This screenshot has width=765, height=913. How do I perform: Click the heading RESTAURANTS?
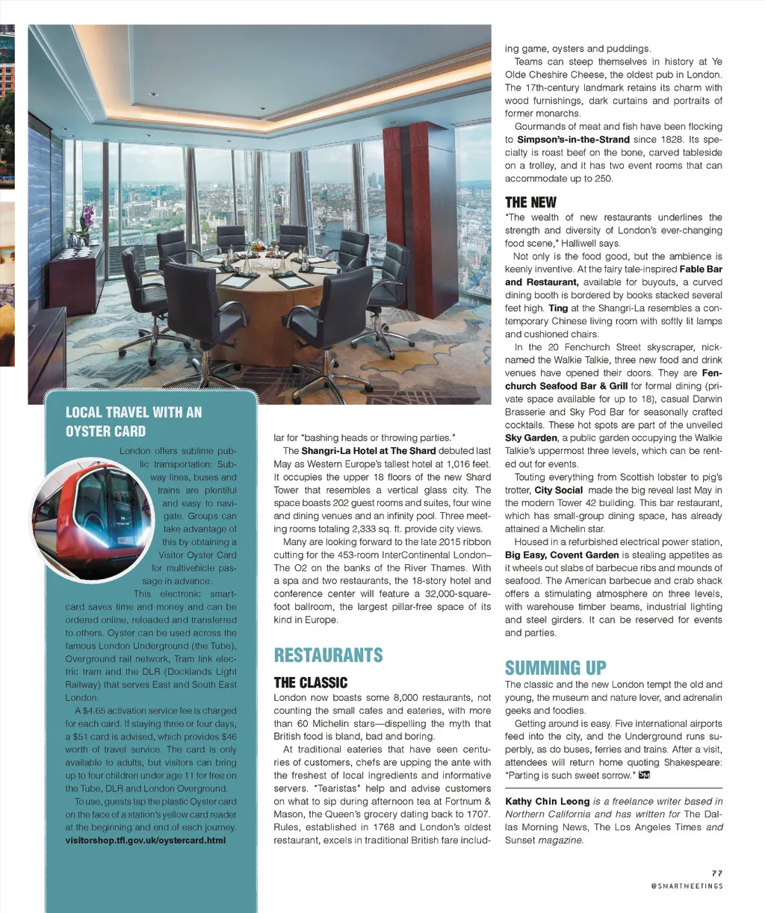pyautogui.click(x=328, y=655)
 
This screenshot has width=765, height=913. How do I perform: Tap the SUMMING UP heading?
pyautogui.click(x=555, y=667)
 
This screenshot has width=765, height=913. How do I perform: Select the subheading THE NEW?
pyautogui.click(x=530, y=202)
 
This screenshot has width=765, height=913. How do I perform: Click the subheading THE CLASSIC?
pyautogui.click(x=310, y=682)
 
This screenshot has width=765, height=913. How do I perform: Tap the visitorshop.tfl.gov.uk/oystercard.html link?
pyautogui.click(x=145, y=840)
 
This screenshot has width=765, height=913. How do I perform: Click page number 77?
pyautogui.click(x=716, y=873)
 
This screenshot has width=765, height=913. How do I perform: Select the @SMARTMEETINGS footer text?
pyautogui.click(x=687, y=886)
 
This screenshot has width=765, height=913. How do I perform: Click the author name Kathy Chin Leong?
pyautogui.click(x=547, y=802)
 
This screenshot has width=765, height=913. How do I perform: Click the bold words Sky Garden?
pyautogui.click(x=530, y=438)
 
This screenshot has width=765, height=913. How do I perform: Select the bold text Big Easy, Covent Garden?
pyautogui.click(x=562, y=555)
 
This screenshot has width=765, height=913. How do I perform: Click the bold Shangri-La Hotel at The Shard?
pyautogui.click(x=368, y=451)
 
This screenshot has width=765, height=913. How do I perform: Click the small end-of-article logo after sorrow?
pyautogui.click(x=644, y=776)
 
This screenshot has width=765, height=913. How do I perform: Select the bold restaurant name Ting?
pyautogui.click(x=557, y=308)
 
